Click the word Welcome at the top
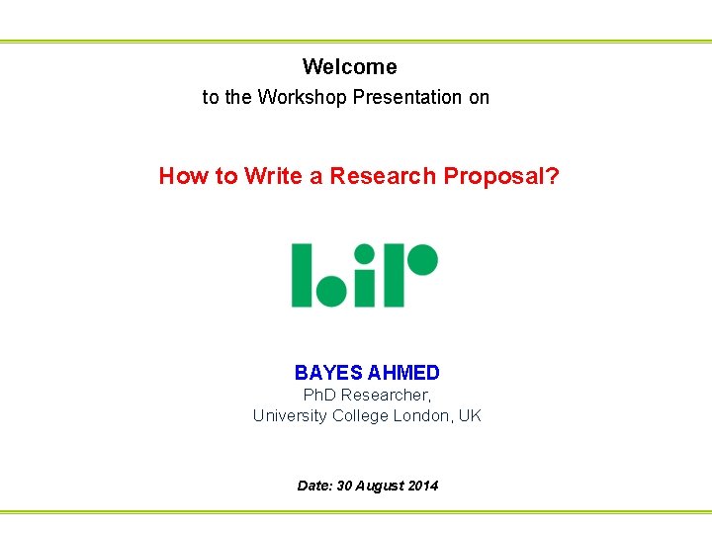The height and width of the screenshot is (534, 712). click(349, 67)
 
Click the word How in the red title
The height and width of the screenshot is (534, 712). click(183, 176)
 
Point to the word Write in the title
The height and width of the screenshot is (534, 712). click(273, 176)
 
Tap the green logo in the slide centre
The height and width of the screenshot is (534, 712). click(364, 275)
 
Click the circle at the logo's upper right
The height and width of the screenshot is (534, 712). click(423, 259)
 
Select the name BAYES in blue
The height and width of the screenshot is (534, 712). click(328, 373)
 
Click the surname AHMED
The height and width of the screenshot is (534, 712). click(403, 373)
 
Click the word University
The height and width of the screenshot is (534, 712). click(290, 415)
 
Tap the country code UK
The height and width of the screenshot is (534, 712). click(470, 415)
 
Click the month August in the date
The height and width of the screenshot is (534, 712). click(380, 486)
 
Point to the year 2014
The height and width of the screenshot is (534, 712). click(422, 486)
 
